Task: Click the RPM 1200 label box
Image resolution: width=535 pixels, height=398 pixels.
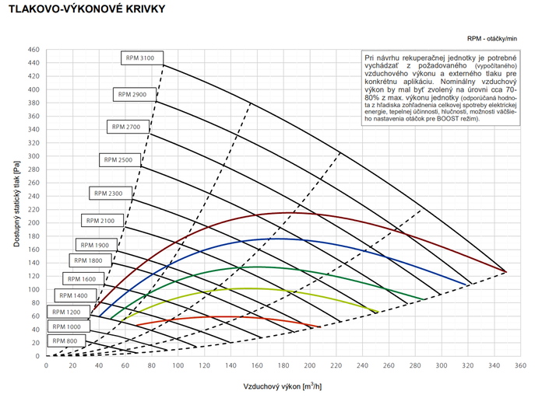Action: tap(68, 311)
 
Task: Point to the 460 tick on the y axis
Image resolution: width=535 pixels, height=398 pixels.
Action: tap(33, 50)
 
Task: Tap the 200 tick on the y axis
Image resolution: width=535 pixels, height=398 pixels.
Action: tap(33, 223)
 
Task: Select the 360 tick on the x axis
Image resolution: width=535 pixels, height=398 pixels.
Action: tap(520, 365)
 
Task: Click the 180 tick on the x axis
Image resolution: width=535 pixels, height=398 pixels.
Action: tap(283, 365)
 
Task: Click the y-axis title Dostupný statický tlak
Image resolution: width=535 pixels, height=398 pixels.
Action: tap(16, 204)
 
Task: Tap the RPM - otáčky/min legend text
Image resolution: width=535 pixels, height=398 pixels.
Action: tap(492, 38)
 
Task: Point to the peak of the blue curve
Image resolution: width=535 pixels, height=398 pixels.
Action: tap(276, 239)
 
